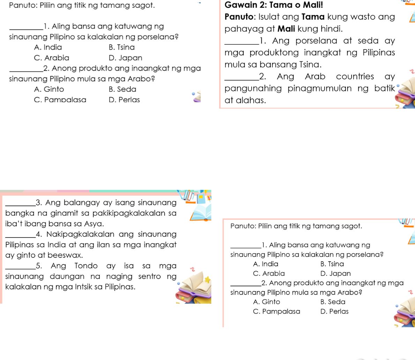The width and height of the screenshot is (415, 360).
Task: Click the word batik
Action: coord(384,88)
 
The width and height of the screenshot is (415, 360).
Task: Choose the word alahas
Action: coord(249,100)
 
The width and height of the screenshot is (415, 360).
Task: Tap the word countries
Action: coord(355,76)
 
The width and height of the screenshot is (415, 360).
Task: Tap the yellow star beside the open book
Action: coord(208,279)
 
